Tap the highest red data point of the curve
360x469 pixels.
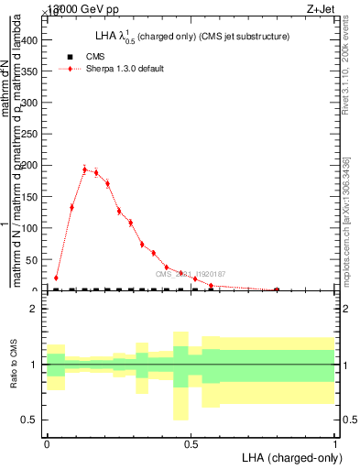coord(84,169)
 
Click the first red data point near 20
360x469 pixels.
coord(56,278)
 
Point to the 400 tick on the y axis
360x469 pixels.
coord(32,40)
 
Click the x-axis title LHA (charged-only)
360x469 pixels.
coord(289,456)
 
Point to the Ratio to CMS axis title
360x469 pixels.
coord(14,365)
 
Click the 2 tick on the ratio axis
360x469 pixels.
coord(33,310)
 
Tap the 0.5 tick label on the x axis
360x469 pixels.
coord(191,442)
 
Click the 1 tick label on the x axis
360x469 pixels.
coord(334,442)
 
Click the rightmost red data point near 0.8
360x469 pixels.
coord(277,289)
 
